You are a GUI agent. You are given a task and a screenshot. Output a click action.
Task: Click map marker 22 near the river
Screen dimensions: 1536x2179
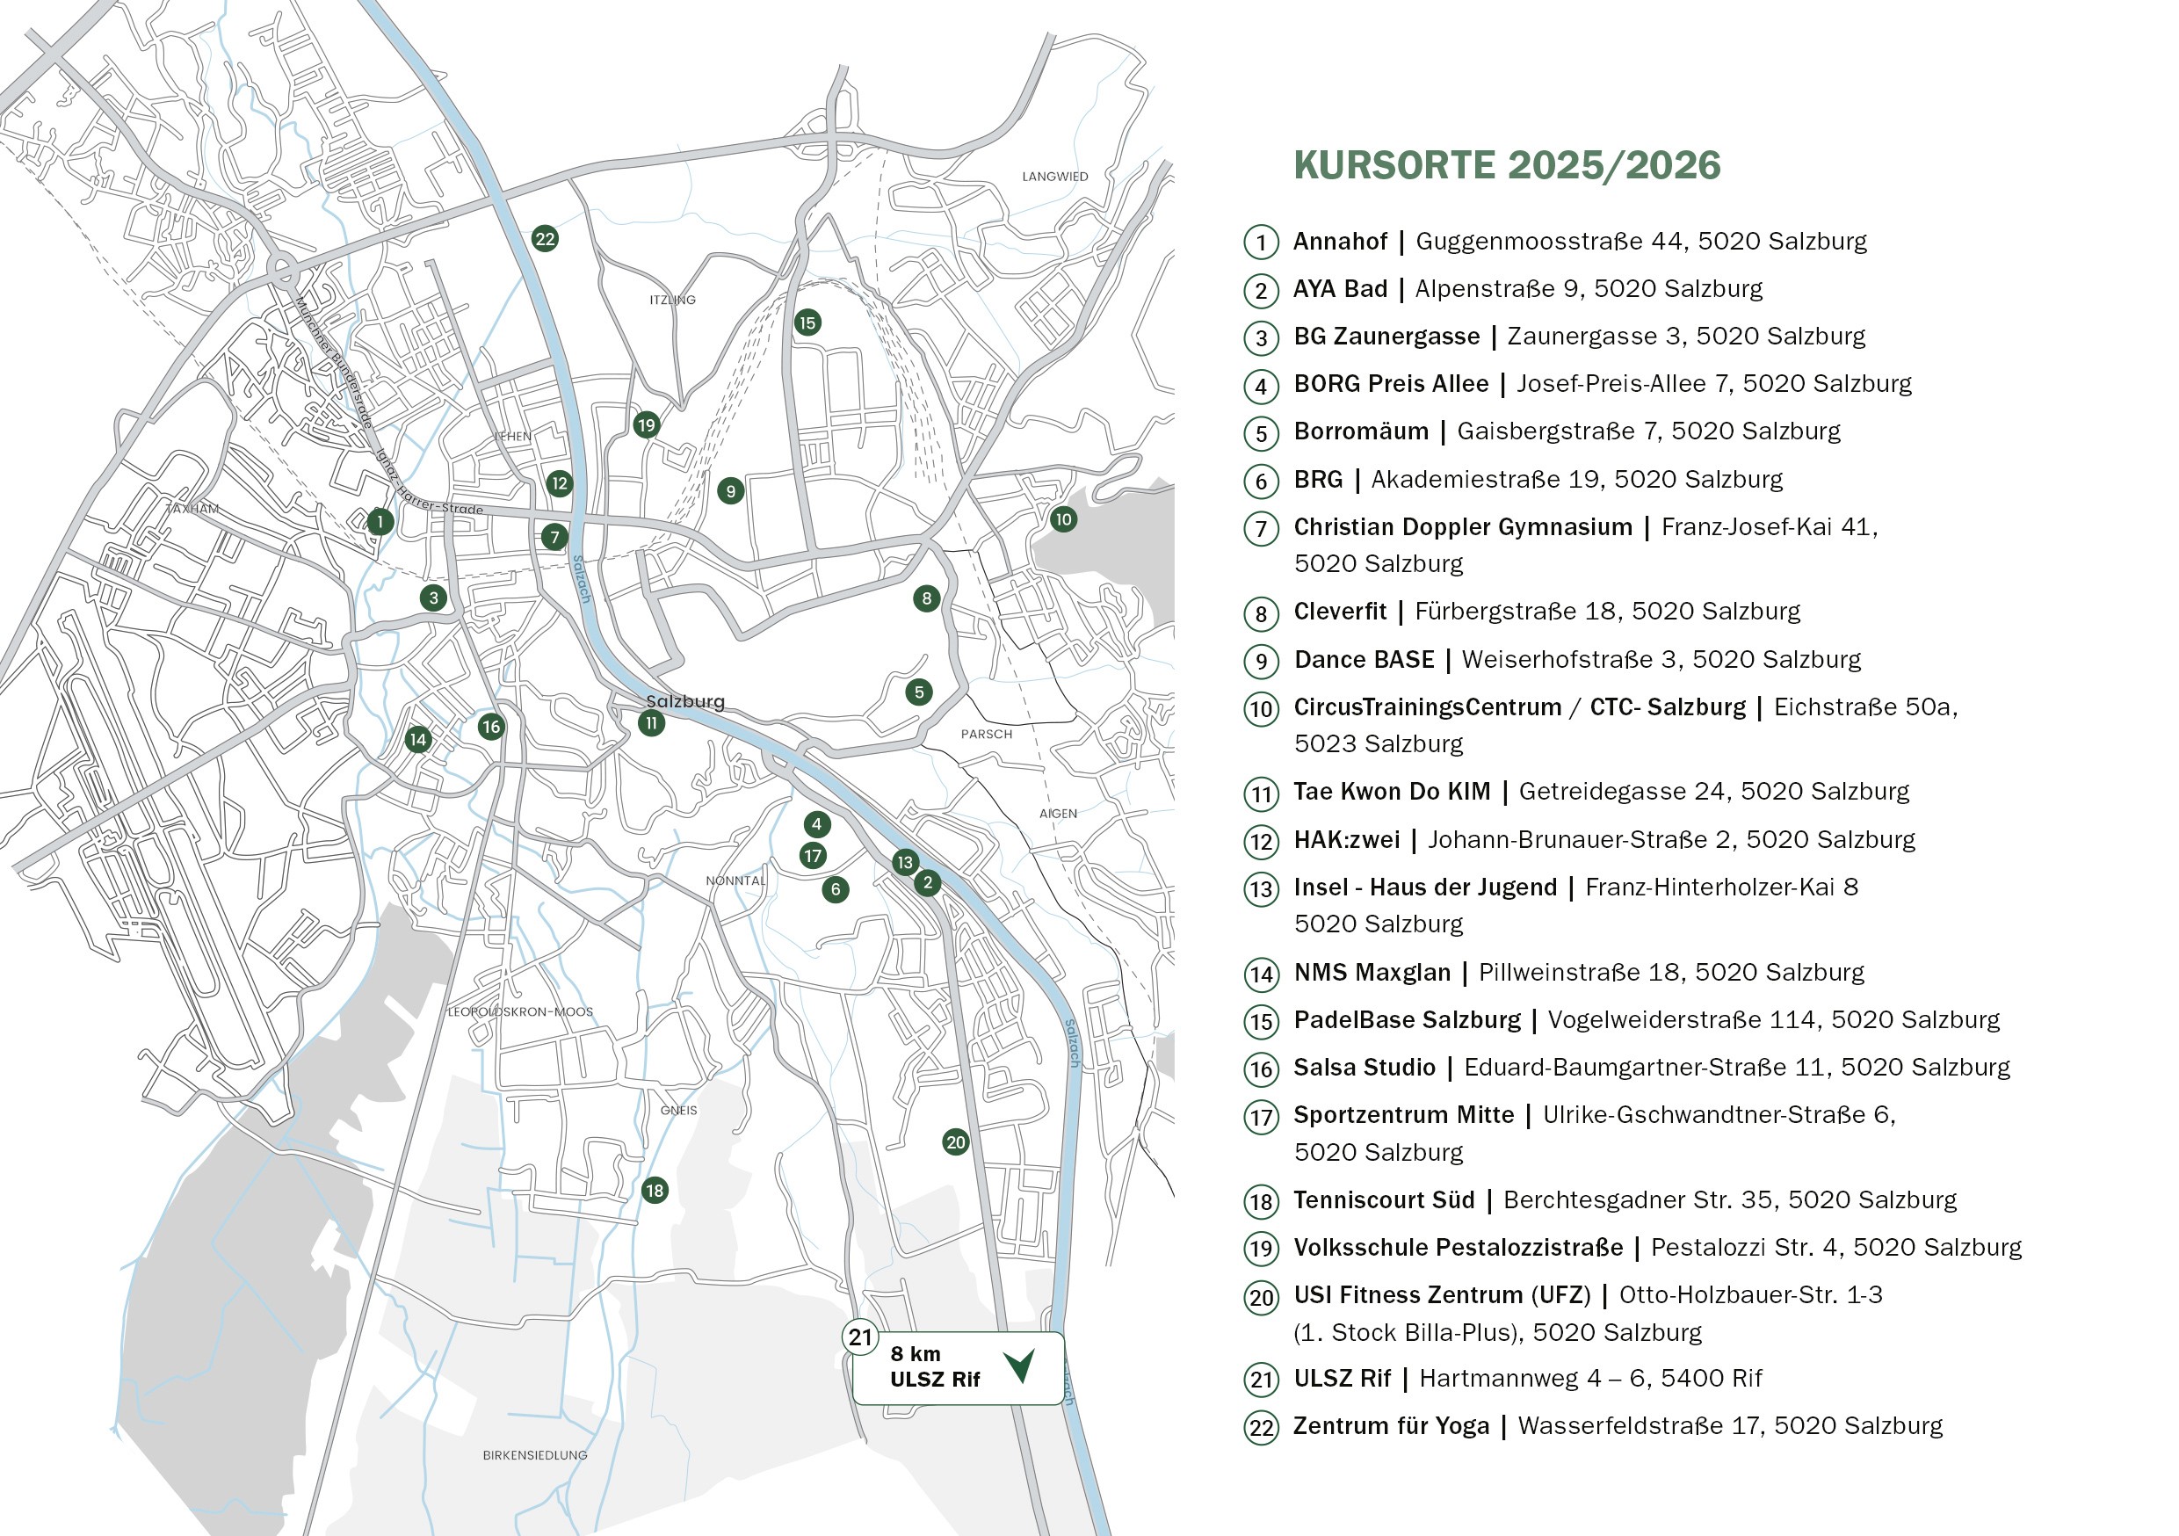545,238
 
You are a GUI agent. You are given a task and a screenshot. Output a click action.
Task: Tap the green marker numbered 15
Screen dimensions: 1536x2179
807,322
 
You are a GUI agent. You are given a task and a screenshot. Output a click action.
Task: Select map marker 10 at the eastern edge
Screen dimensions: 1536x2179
1063,519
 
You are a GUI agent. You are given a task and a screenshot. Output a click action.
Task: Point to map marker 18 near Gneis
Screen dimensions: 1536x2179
654,1191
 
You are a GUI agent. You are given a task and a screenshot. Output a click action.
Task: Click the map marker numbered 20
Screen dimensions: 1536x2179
955,1142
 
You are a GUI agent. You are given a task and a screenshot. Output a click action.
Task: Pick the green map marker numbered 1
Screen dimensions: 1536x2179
380,521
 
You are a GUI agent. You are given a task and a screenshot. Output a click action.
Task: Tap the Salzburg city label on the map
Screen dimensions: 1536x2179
684,701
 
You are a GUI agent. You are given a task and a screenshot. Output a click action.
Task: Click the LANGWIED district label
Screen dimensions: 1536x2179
1054,177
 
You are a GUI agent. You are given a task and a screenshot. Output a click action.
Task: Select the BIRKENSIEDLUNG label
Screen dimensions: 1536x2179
534,1454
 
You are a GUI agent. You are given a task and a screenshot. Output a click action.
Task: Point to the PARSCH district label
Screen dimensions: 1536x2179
986,734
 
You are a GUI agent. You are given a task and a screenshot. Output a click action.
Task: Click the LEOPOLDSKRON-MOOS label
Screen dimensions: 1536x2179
520,1011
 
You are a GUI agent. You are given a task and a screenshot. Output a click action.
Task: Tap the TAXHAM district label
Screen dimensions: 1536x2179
192,509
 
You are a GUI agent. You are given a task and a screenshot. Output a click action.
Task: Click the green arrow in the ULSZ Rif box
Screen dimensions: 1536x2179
1020,1366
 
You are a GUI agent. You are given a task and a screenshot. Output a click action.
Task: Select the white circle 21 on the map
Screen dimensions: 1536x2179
860,1337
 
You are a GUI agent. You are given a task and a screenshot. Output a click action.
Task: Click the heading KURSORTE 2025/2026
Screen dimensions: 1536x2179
1506,165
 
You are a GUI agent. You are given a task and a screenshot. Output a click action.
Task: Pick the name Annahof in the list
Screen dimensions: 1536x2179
1339,241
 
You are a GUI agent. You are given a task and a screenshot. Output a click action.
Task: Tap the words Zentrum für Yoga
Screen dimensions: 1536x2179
1390,1426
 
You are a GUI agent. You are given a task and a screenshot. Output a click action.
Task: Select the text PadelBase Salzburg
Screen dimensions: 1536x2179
1407,1019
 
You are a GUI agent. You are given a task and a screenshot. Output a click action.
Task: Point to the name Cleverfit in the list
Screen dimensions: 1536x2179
1339,612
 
